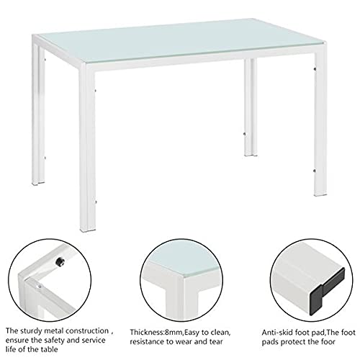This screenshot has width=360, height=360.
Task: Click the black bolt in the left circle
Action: point(60,261)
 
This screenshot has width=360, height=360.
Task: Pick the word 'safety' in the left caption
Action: point(53,341)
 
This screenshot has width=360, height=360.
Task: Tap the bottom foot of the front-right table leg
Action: point(320,193)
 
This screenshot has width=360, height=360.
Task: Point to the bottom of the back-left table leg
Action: point(38,182)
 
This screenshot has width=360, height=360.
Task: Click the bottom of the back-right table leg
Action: point(251,154)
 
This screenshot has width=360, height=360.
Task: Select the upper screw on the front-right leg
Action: point(315,69)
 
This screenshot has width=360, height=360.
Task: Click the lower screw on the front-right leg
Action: point(315,171)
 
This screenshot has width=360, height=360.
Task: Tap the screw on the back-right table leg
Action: point(244,134)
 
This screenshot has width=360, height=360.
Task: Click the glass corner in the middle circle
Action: point(181,275)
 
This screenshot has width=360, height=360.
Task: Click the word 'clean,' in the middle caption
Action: point(221,333)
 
